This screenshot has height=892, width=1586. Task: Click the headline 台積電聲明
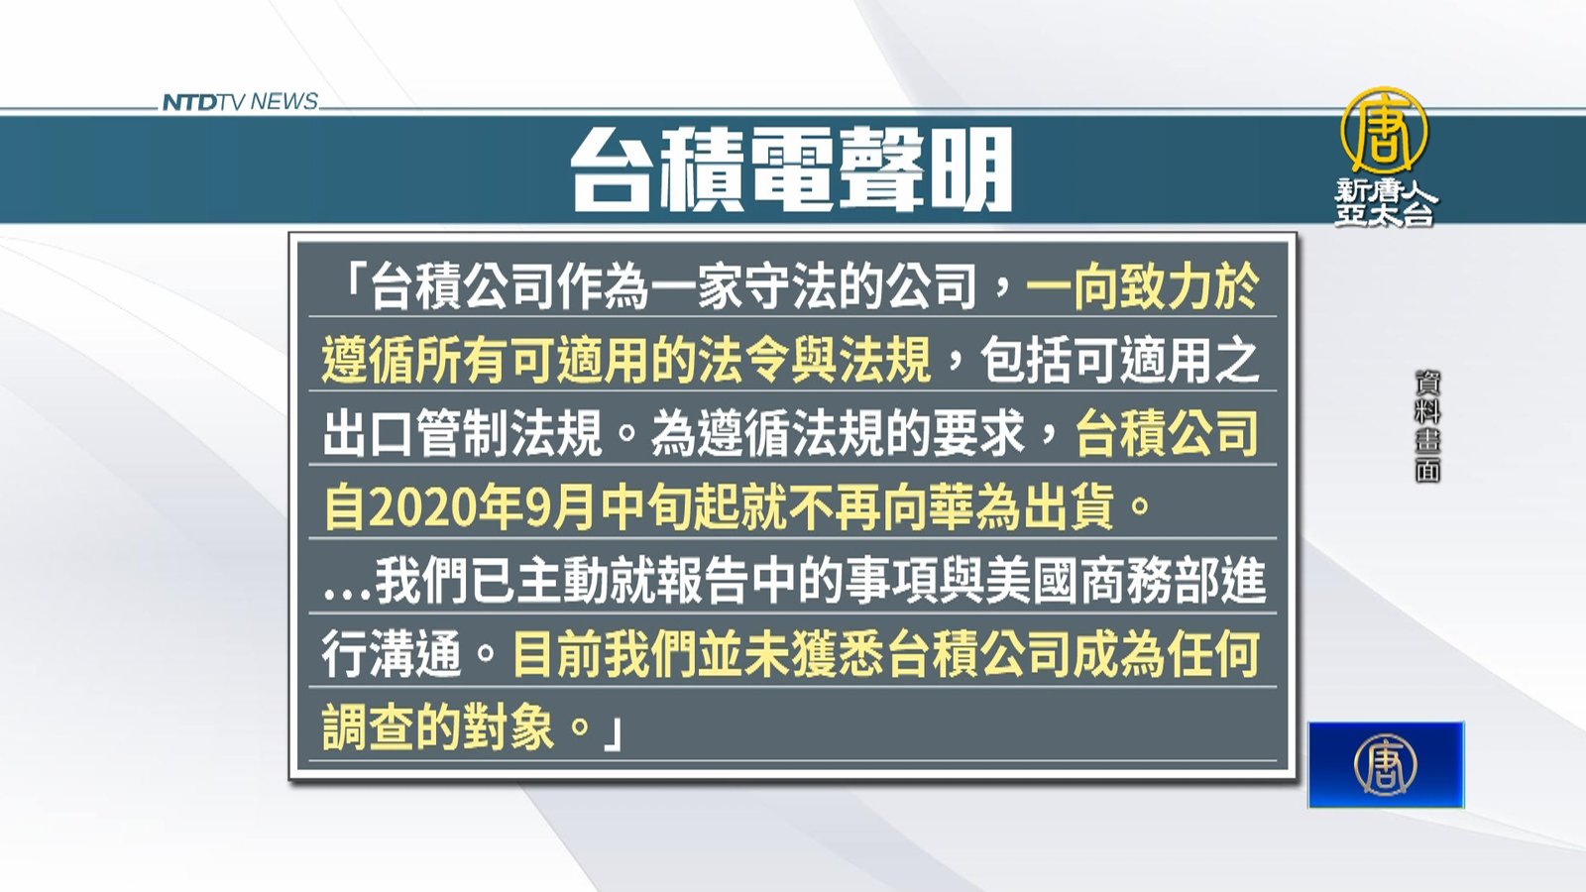(x=792, y=170)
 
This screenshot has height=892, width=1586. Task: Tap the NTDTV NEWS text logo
(x=240, y=102)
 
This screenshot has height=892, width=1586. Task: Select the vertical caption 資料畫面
(x=1427, y=427)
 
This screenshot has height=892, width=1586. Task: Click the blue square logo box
(x=1386, y=764)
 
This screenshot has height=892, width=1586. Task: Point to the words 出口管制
(x=415, y=432)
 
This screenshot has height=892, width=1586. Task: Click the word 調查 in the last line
(x=368, y=727)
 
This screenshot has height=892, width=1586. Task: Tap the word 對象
(x=508, y=727)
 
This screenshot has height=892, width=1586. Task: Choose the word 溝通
(x=415, y=655)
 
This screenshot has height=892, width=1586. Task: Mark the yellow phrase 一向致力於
(x=1143, y=287)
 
